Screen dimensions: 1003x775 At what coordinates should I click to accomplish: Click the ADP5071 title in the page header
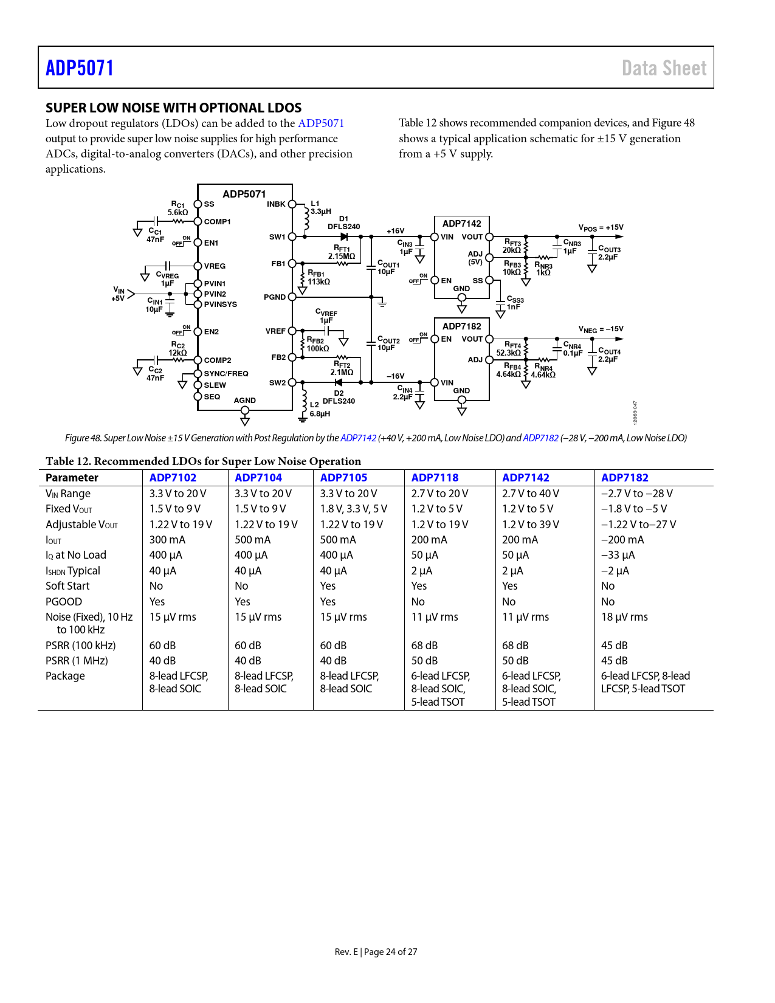[80, 68]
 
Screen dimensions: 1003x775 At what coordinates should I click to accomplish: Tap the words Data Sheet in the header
[664, 68]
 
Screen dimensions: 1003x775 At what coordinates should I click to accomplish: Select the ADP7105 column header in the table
[343, 478]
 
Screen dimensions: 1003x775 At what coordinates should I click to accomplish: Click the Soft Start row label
[67, 586]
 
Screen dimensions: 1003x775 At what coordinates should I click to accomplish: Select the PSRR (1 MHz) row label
[77, 661]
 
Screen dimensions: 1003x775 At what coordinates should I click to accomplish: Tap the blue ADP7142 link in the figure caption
[358, 438]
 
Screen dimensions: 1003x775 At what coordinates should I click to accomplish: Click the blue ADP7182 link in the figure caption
[540, 438]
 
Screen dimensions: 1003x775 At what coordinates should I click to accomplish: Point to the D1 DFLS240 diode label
[344, 223]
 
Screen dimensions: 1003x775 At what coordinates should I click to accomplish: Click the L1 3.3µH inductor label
[320, 208]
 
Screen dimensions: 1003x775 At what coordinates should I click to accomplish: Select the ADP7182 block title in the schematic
[461, 326]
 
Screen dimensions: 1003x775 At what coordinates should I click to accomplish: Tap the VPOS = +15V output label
[601, 228]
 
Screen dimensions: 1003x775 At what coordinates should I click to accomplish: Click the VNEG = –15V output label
[601, 329]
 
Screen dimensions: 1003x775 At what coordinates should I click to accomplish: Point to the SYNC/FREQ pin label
[226, 374]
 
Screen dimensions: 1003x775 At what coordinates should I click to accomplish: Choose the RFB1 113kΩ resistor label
[318, 278]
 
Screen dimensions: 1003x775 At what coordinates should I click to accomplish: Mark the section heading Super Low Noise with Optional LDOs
[173, 108]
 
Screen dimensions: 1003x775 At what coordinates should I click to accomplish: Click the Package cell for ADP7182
[645, 682]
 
